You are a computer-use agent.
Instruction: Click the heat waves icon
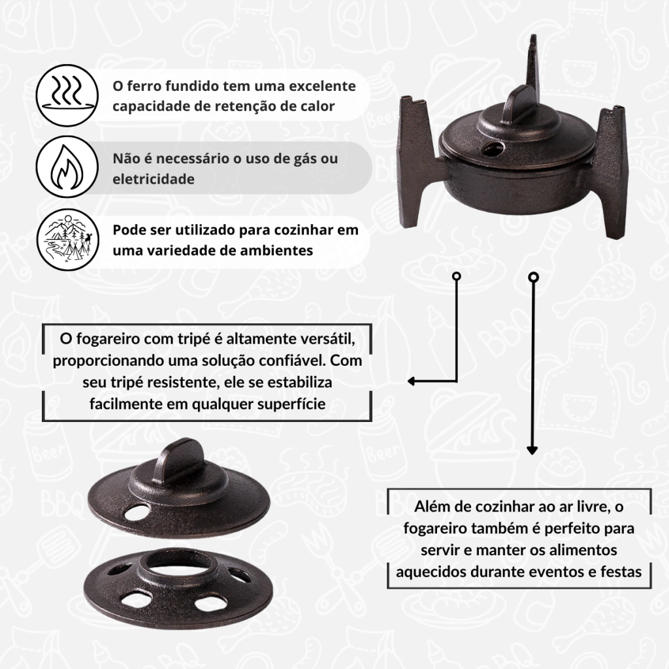point(67,95)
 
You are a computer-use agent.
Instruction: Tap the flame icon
point(67,167)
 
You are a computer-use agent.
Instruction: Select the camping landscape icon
point(67,240)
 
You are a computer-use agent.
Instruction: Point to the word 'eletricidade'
point(154,179)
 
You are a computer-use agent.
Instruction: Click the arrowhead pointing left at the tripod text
point(412,381)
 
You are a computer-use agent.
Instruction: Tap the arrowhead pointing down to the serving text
point(532,450)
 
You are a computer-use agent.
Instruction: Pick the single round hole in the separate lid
point(138,512)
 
